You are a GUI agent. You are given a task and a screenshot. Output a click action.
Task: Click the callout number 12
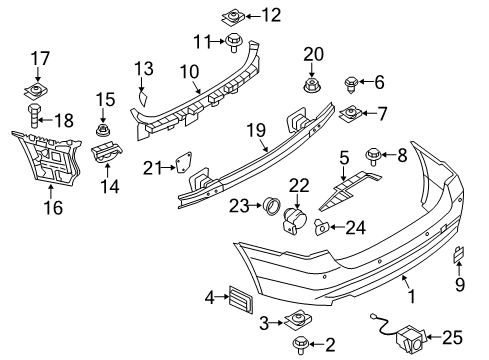coord(271,15)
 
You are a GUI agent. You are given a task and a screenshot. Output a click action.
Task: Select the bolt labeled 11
coord(234,42)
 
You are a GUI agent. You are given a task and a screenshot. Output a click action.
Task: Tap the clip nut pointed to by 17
coord(36,91)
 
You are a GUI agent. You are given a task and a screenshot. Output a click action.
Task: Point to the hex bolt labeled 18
coord(33,115)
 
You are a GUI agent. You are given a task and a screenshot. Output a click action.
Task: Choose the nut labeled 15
coord(103,130)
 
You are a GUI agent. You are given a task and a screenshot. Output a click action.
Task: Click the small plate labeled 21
coord(184,163)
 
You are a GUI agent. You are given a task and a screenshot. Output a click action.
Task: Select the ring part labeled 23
coord(272,206)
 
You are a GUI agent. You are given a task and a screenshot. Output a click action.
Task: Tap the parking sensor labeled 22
coord(294,219)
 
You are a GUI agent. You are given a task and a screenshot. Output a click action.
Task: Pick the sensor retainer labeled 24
coord(322,227)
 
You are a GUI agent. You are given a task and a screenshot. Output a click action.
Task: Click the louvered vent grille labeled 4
coord(241,299)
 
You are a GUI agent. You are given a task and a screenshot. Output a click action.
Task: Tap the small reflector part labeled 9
coord(458,254)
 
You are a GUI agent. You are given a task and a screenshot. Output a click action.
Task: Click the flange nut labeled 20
coord(312,86)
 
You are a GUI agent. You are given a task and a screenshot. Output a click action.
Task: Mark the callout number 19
coord(256,130)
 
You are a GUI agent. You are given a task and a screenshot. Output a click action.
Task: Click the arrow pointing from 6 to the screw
coord(366,81)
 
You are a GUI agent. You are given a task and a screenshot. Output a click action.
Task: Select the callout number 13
coord(144,68)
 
